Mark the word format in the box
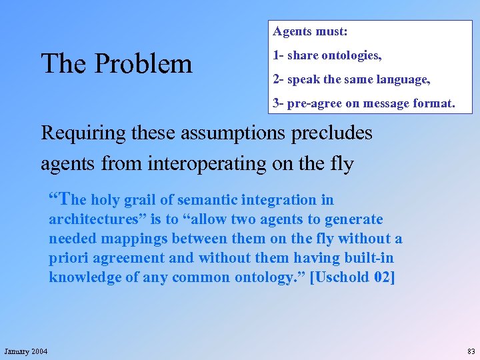click(x=434, y=103)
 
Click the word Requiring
click(x=83, y=133)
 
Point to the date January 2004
click(x=26, y=351)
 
